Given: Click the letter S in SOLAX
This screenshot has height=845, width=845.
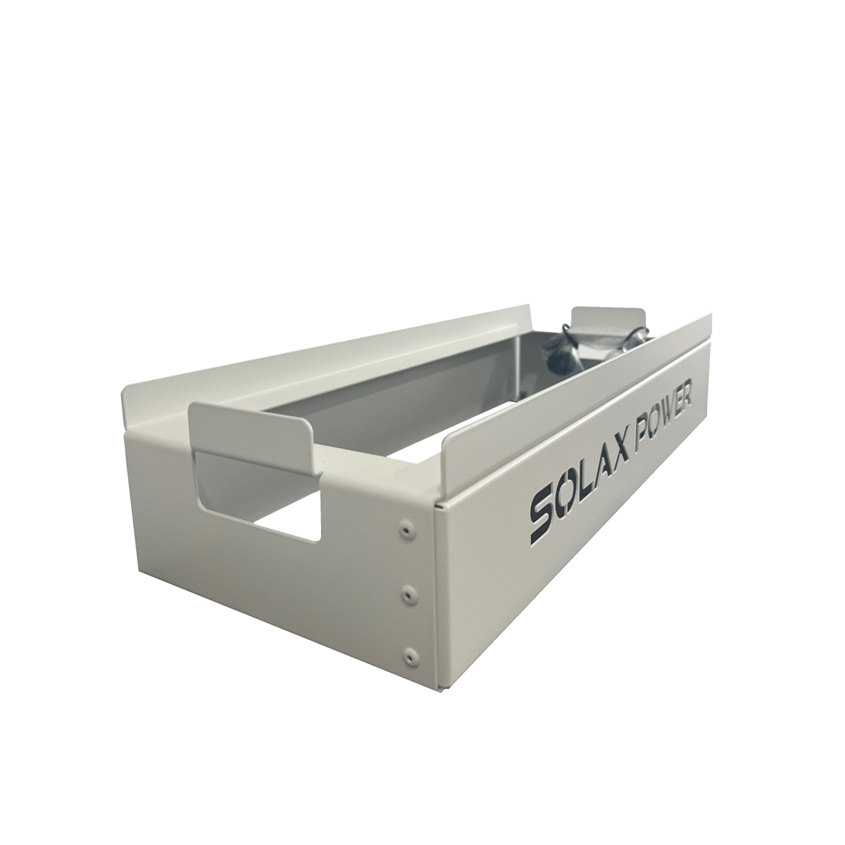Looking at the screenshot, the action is [x=544, y=518].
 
